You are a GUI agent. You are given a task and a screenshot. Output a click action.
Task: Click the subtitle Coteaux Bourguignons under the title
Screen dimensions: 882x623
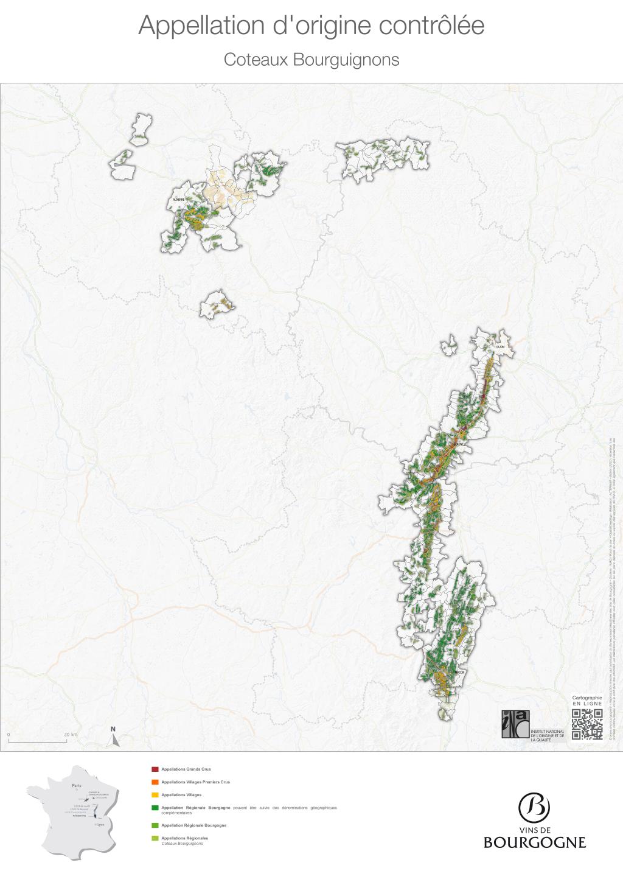tap(311, 60)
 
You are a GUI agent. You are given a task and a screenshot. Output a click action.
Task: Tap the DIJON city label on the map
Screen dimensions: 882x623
tap(500, 347)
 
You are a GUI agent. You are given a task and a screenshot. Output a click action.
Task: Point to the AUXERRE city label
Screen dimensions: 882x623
tap(179, 200)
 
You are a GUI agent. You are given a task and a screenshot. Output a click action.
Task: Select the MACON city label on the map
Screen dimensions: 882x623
tap(460, 673)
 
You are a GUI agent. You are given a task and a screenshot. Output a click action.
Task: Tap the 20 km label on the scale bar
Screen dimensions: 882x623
tap(71, 735)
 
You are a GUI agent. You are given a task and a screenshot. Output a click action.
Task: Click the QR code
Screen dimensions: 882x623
tap(587, 724)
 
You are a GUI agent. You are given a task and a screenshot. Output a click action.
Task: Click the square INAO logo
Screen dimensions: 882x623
tap(515, 724)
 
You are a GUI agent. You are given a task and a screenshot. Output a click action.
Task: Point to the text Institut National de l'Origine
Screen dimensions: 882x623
tap(548, 735)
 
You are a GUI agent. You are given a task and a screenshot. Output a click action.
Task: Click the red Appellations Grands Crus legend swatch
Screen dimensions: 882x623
tap(155, 769)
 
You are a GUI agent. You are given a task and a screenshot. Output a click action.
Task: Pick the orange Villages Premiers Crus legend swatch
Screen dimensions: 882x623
tap(155, 782)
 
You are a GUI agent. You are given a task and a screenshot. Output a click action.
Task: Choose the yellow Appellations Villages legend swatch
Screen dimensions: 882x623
tap(155, 795)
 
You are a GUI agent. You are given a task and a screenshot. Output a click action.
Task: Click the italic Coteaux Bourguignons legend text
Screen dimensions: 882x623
tap(182, 843)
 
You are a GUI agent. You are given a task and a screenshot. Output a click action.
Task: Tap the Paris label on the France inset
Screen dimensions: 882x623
tap(76, 786)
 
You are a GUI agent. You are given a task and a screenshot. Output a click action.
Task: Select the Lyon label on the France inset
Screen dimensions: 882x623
tap(101, 825)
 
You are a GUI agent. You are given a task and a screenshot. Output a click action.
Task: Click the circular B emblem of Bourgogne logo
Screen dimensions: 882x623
tap(534, 807)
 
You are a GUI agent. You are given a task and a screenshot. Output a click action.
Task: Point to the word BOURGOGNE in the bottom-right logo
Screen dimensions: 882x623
tap(535, 842)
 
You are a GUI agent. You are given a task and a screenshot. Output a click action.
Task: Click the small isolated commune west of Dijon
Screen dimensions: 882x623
tap(449, 346)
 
